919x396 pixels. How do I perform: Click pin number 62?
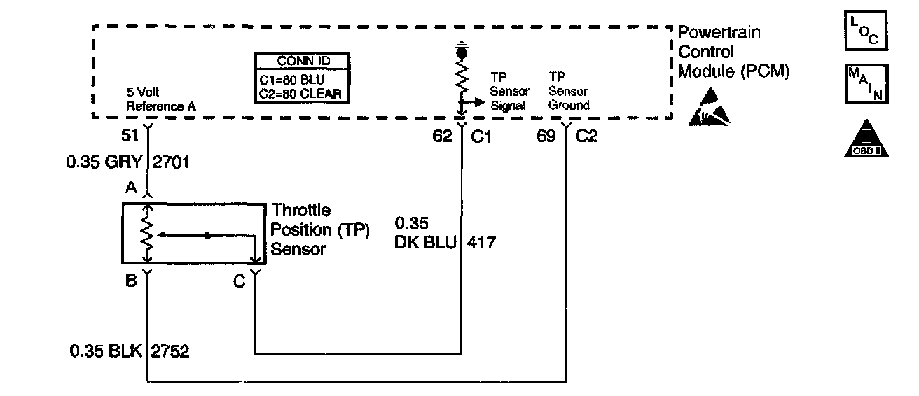coord(442,136)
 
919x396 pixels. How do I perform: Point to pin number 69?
coord(547,136)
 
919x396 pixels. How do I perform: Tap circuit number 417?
coord(483,243)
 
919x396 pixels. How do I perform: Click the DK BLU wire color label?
coord(424,243)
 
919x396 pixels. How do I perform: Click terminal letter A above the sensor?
coord(130,188)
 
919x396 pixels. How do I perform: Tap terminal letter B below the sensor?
coord(130,281)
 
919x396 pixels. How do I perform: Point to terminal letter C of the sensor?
coord(240,281)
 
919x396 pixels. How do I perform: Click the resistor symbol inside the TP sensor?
coord(147,236)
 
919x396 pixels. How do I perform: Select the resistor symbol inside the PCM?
coord(461,77)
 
